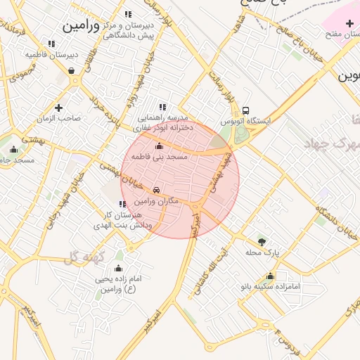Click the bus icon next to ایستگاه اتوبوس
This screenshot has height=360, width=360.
point(245,110)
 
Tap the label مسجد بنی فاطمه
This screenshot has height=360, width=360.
point(159,157)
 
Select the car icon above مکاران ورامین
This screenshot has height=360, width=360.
point(155,190)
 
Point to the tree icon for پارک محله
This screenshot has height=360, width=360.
point(262,240)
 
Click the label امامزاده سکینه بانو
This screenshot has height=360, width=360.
point(271,287)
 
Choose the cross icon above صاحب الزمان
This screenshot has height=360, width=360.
point(58,108)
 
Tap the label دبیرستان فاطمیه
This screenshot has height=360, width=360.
point(51,54)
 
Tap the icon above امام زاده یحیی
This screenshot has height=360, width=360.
point(118,268)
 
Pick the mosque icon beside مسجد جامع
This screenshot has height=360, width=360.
point(13,149)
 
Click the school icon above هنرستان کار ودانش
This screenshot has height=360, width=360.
point(123,204)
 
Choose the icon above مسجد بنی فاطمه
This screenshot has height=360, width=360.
point(159,146)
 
